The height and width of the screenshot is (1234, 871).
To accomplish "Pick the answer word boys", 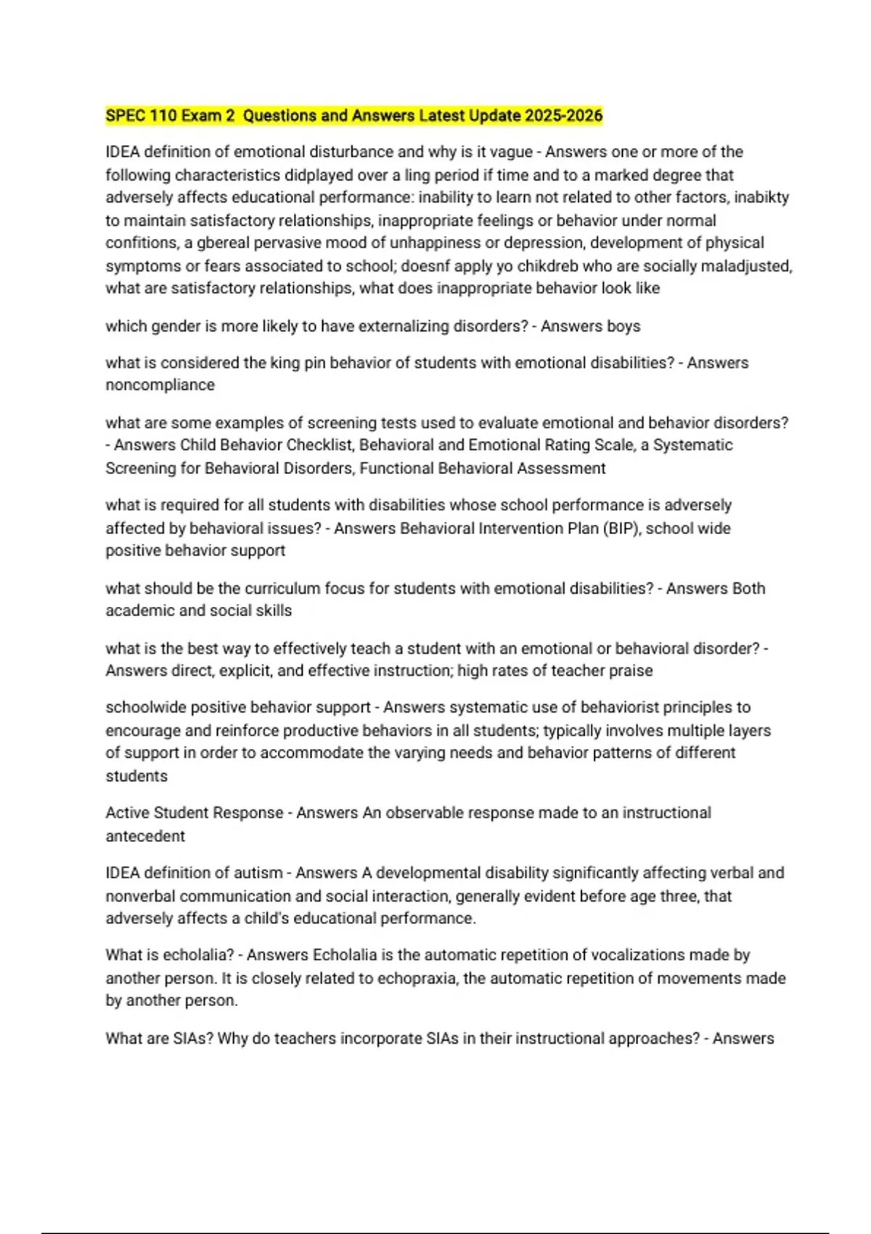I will [623, 327].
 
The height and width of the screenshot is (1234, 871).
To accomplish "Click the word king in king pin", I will [285, 363].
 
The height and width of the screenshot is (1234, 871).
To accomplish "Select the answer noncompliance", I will [160, 385].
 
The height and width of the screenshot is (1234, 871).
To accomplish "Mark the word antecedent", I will [145, 836].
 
